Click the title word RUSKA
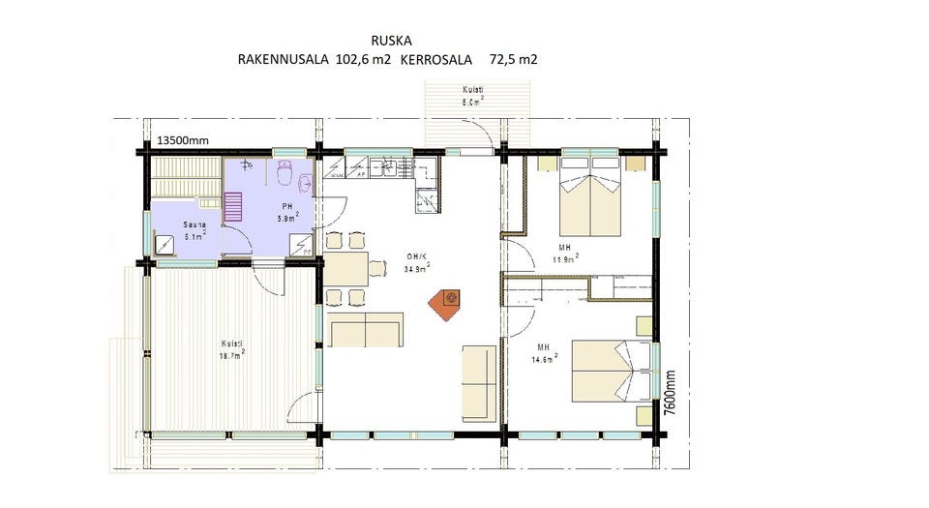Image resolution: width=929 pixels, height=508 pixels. coord(391,41)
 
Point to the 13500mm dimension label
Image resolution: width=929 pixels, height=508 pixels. coord(183,141)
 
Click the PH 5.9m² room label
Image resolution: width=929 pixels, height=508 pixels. coord(288,213)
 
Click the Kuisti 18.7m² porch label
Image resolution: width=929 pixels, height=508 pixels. coord(232,348)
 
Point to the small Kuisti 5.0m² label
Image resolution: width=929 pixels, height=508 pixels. coord(472,95)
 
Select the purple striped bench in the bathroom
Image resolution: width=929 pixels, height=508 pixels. coord(234,207)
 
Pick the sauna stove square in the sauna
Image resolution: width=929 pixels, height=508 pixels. coord(163,247)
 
